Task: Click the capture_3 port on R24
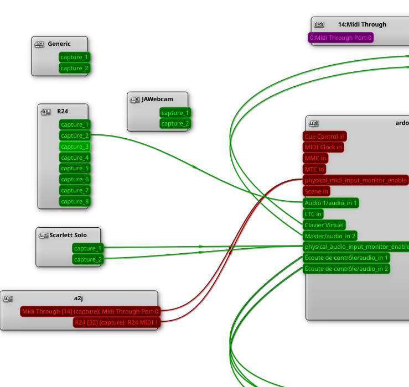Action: coord(75,147)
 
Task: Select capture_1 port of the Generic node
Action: coord(74,57)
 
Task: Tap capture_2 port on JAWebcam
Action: coord(175,123)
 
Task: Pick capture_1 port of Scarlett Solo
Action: coord(88,248)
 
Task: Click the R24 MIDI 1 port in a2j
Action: coord(116,322)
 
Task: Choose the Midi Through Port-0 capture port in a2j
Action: coord(90,311)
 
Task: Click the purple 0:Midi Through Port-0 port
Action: coord(340,38)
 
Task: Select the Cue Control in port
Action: coord(325,137)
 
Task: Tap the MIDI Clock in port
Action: coord(323,147)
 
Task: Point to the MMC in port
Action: coord(315,158)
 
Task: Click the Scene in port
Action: coord(317,191)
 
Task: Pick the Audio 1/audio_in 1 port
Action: coord(331,203)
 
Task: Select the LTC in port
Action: coord(313,214)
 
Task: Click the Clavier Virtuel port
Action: coord(324,225)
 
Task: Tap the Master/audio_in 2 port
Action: coord(330,236)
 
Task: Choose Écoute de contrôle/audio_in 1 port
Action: coord(346,258)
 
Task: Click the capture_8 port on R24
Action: coord(75,201)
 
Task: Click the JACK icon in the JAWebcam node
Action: coord(134,100)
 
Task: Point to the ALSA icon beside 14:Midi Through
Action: coord(319,24)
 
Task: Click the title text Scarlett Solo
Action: coord(68,235)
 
